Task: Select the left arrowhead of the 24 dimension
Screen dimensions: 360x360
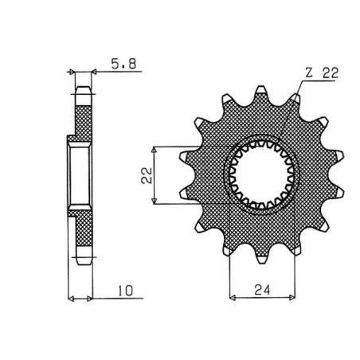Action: pyautogui.click(x=233, y=299)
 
